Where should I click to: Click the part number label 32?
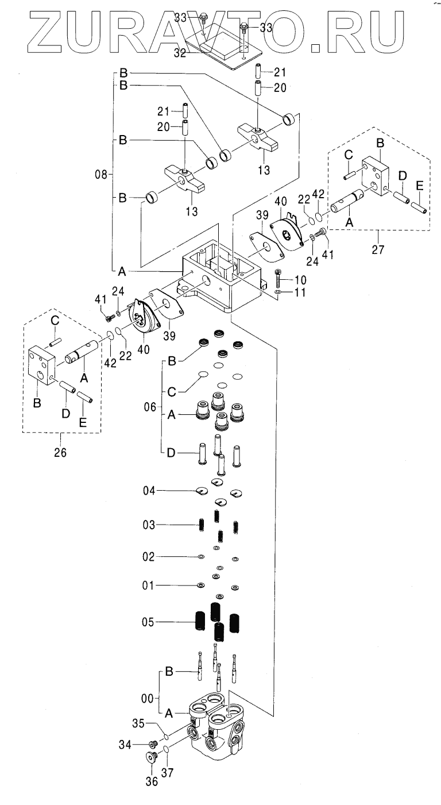tap(180, 53)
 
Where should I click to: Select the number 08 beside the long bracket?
tap(102, 175)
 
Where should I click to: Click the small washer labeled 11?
tap(277, 292)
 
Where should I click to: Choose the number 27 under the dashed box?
tap(378, 249)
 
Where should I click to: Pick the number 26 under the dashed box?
tap(60, 452)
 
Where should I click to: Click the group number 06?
tap(150, 407)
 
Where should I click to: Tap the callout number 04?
tap(149, 491)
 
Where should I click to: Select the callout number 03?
tap(149, 525)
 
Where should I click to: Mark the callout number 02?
tap(149, 557)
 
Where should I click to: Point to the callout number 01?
tap(148, 586)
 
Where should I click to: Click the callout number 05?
tap(148, 622)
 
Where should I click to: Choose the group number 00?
tap(148, 698)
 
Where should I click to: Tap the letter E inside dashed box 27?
tap(419, 186)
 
